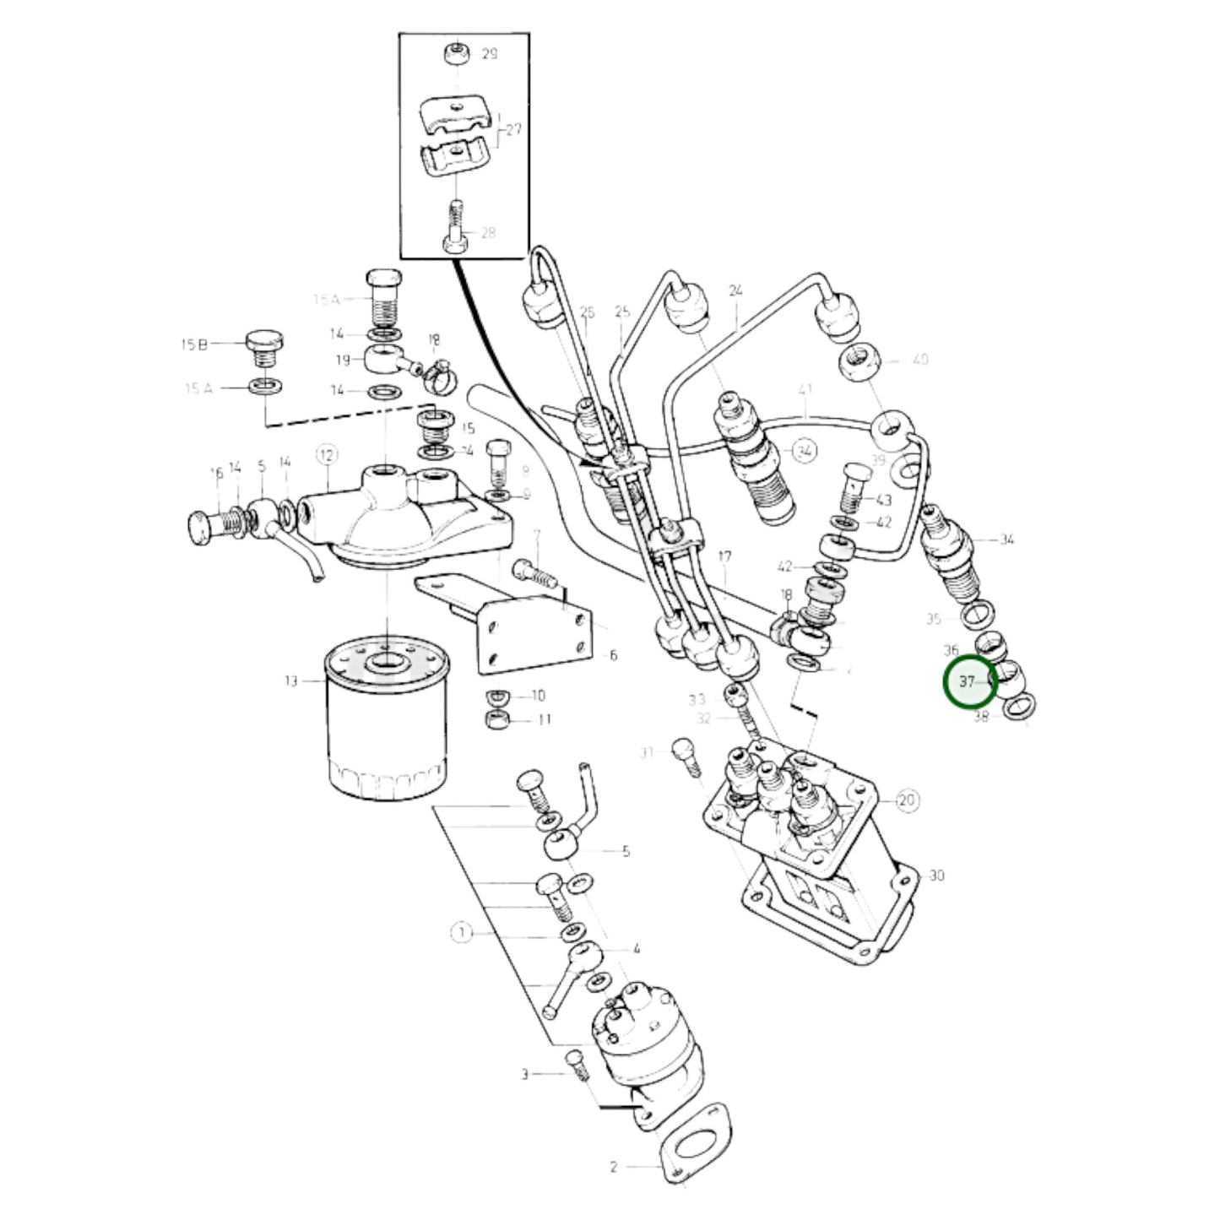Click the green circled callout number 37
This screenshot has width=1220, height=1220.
pos(968,681)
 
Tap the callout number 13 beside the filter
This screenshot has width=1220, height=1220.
pos(291,680)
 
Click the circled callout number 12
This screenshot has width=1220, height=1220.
pos(327,456)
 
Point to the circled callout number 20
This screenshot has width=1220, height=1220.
pos(907,800)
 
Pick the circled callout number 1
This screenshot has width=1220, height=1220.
pos(462,932)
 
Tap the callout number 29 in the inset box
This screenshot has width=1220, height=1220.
pos(489,54)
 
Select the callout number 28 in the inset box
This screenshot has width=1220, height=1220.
pos(488,233)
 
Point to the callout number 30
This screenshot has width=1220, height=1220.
pos(936,876)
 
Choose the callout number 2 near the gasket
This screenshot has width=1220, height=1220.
pos(614,1168)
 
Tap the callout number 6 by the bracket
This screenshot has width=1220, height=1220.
pos(613,655)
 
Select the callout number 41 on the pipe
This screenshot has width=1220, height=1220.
pos(805,391)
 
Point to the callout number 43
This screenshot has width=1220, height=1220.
pos(884,500)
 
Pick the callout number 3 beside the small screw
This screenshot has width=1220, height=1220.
pos(524,1075)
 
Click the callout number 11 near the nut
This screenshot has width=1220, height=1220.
pos(545,720)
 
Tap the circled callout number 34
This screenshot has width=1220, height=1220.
pos(805,452)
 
